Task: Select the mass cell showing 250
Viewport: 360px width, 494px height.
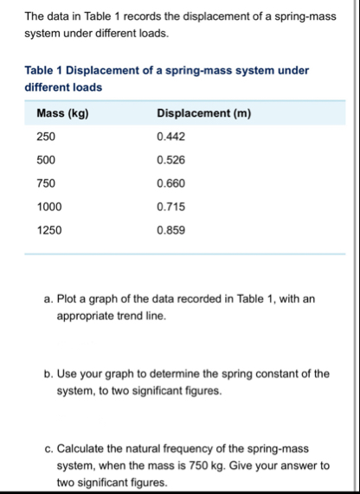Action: click(46, 138)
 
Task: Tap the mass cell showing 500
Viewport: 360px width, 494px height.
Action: click(46, 161)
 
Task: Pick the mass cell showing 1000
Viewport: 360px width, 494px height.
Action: click(49, 207)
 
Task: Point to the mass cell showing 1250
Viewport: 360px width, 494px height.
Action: click(49, 230)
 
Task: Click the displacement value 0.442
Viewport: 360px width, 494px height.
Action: click(170, 138)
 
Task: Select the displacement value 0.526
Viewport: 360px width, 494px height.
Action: click(170, 161)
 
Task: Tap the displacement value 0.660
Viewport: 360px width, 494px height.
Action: click(170, 183)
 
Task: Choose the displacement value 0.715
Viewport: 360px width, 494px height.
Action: click(170, 207)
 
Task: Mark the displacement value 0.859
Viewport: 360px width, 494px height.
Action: click(170, 230)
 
